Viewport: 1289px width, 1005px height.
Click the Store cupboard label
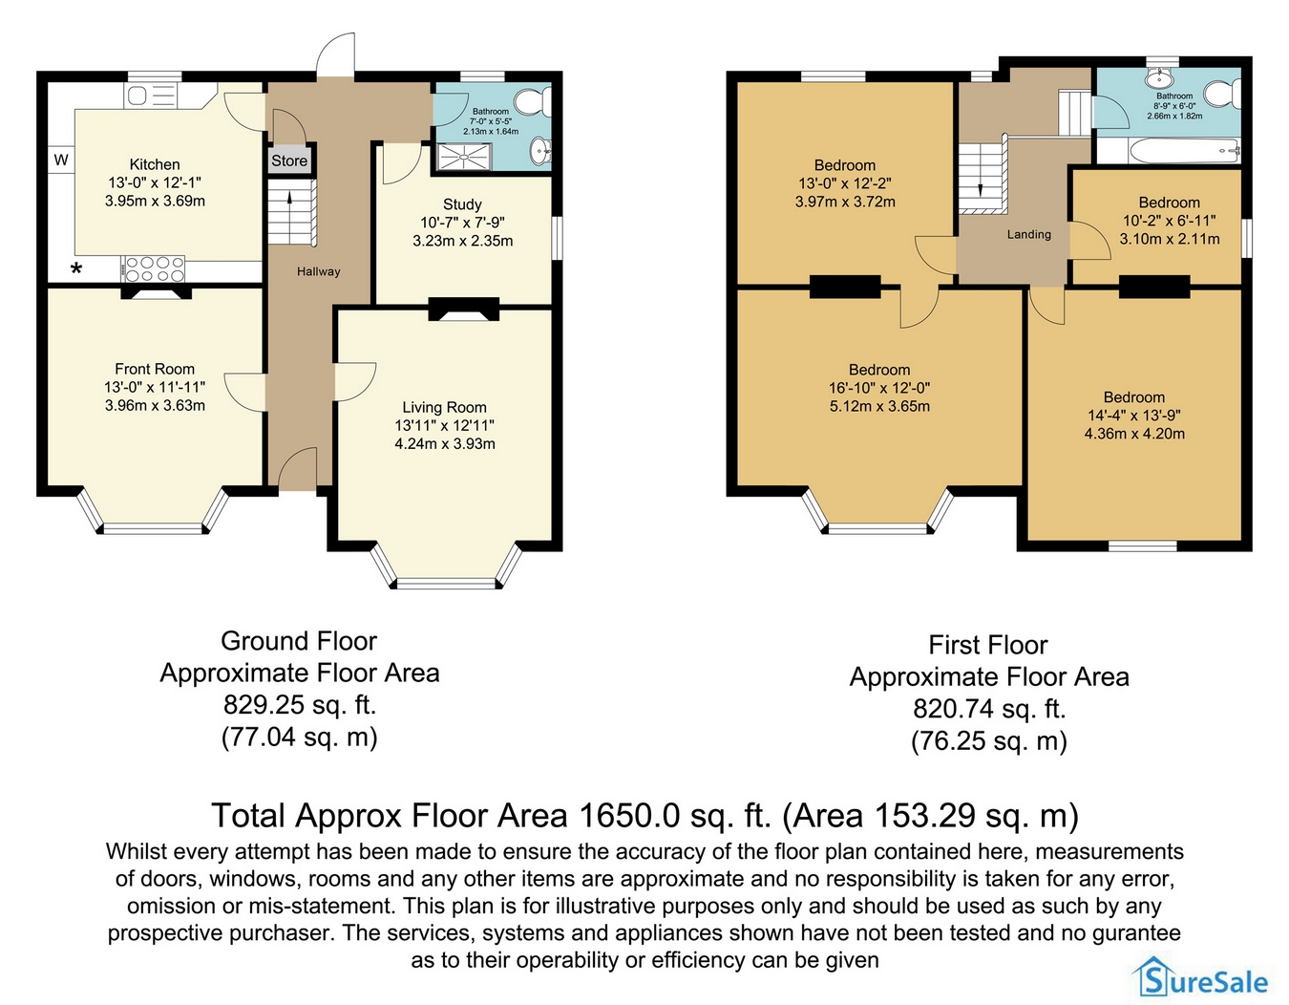[x=289, y=160]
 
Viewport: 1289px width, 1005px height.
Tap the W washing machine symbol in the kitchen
[x=61, y=160]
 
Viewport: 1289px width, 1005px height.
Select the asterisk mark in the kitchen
[x=76, y=269]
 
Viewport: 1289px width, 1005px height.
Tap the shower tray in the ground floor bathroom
[x=464, y=158]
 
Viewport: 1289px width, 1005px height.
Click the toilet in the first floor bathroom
[x=1222, y=95]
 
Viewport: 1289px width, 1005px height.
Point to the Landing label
[x=1029, y=234]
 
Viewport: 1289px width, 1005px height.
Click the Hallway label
[x=319, y=271]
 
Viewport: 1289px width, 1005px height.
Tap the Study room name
[x=462, y=204]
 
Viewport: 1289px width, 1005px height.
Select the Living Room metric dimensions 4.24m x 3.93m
[x=445, y=444]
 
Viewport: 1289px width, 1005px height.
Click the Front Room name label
[x=155, y=369]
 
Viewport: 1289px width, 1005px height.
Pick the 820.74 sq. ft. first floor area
[x=989, y=709]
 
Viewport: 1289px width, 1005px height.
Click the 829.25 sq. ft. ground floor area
[x=300, y=705]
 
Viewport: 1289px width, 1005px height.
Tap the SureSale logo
[x=1200, y=982]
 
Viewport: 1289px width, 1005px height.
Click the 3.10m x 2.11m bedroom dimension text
[x=1170, y=239]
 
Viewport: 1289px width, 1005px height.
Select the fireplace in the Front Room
[x=157, y=292]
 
